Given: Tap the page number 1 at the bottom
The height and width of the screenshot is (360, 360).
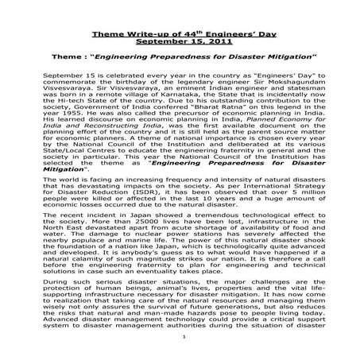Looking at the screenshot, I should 183,337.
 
